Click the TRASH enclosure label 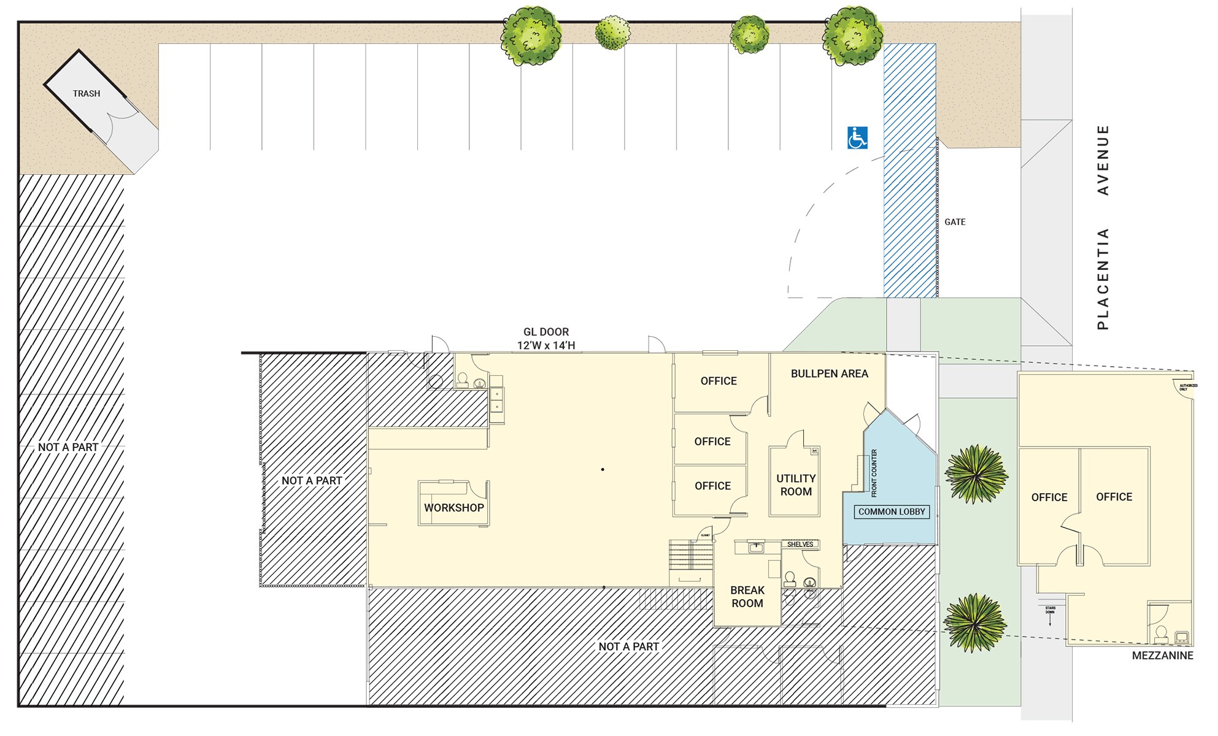pos(86,94)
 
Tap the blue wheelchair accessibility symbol pos(857,138)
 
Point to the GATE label pos(955,222)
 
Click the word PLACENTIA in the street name pos(1103,278)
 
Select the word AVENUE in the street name pos(1103,160)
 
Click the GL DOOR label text pos(545,332)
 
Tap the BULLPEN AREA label pos(829,374)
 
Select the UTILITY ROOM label pos(796,485)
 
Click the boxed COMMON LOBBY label pos(891,512)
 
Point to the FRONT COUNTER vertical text pos(874,473)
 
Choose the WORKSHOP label pos(453,508)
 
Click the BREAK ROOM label pos(747,596)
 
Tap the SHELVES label pos(800,544)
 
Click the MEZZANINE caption pos(1162,655)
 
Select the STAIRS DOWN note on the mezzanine pos(1050,610)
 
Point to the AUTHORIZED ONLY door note pos(1188,387)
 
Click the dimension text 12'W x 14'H pos(545,345)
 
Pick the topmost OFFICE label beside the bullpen pos(719,381)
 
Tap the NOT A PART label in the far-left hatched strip pos(68,447)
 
